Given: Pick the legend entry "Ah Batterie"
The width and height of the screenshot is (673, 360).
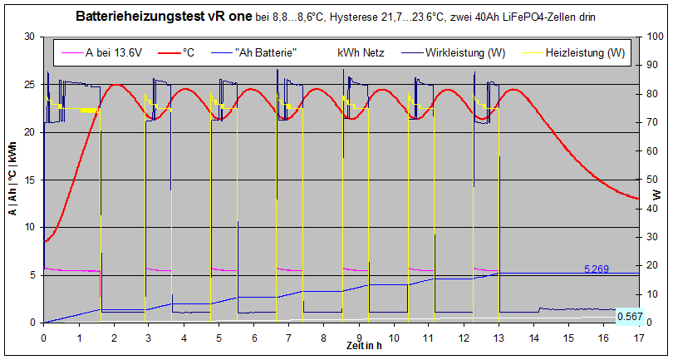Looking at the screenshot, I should click(x=266, y=53).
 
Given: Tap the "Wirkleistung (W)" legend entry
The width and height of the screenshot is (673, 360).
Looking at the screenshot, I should click(x=465, y=53).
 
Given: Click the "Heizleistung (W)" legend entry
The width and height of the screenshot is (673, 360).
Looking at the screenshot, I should click(x=585, y=53).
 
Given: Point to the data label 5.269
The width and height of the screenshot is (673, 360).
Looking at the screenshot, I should click(x=597, y=269).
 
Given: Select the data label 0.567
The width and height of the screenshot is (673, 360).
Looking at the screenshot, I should click(x=629, y=316).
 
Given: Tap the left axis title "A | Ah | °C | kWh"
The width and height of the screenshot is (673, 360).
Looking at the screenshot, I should click(x=12, y=179).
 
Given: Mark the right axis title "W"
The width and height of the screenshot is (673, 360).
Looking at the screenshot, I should click(x=657, y=195).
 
